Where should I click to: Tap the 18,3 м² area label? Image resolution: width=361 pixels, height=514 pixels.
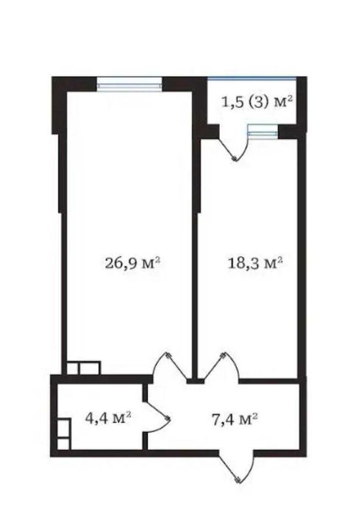point(255,263)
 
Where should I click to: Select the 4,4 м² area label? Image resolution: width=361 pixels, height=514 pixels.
point(108,418)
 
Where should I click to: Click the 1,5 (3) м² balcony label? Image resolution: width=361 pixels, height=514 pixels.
point(257,103)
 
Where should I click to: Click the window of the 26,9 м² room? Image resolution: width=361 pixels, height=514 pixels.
point(129,83)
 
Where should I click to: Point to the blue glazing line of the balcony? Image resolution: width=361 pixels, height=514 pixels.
point(252,78)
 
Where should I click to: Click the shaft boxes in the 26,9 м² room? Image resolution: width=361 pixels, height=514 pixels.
point(84,368)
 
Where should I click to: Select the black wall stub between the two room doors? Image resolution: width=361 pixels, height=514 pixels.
point(196,381)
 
